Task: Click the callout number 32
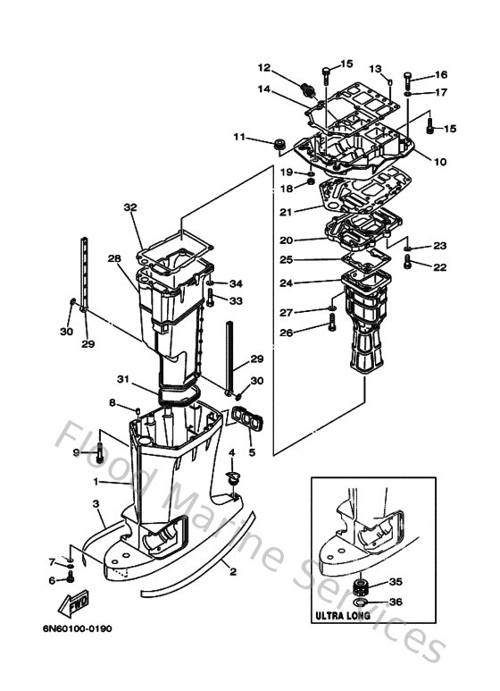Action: click(130, 206)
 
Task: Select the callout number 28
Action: click(114, 258)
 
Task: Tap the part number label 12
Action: click(264, 67)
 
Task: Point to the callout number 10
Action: click(440, 162)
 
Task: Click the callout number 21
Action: click(286, 211)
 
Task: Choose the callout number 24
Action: click(286, 283)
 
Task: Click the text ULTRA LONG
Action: click(340, 616)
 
